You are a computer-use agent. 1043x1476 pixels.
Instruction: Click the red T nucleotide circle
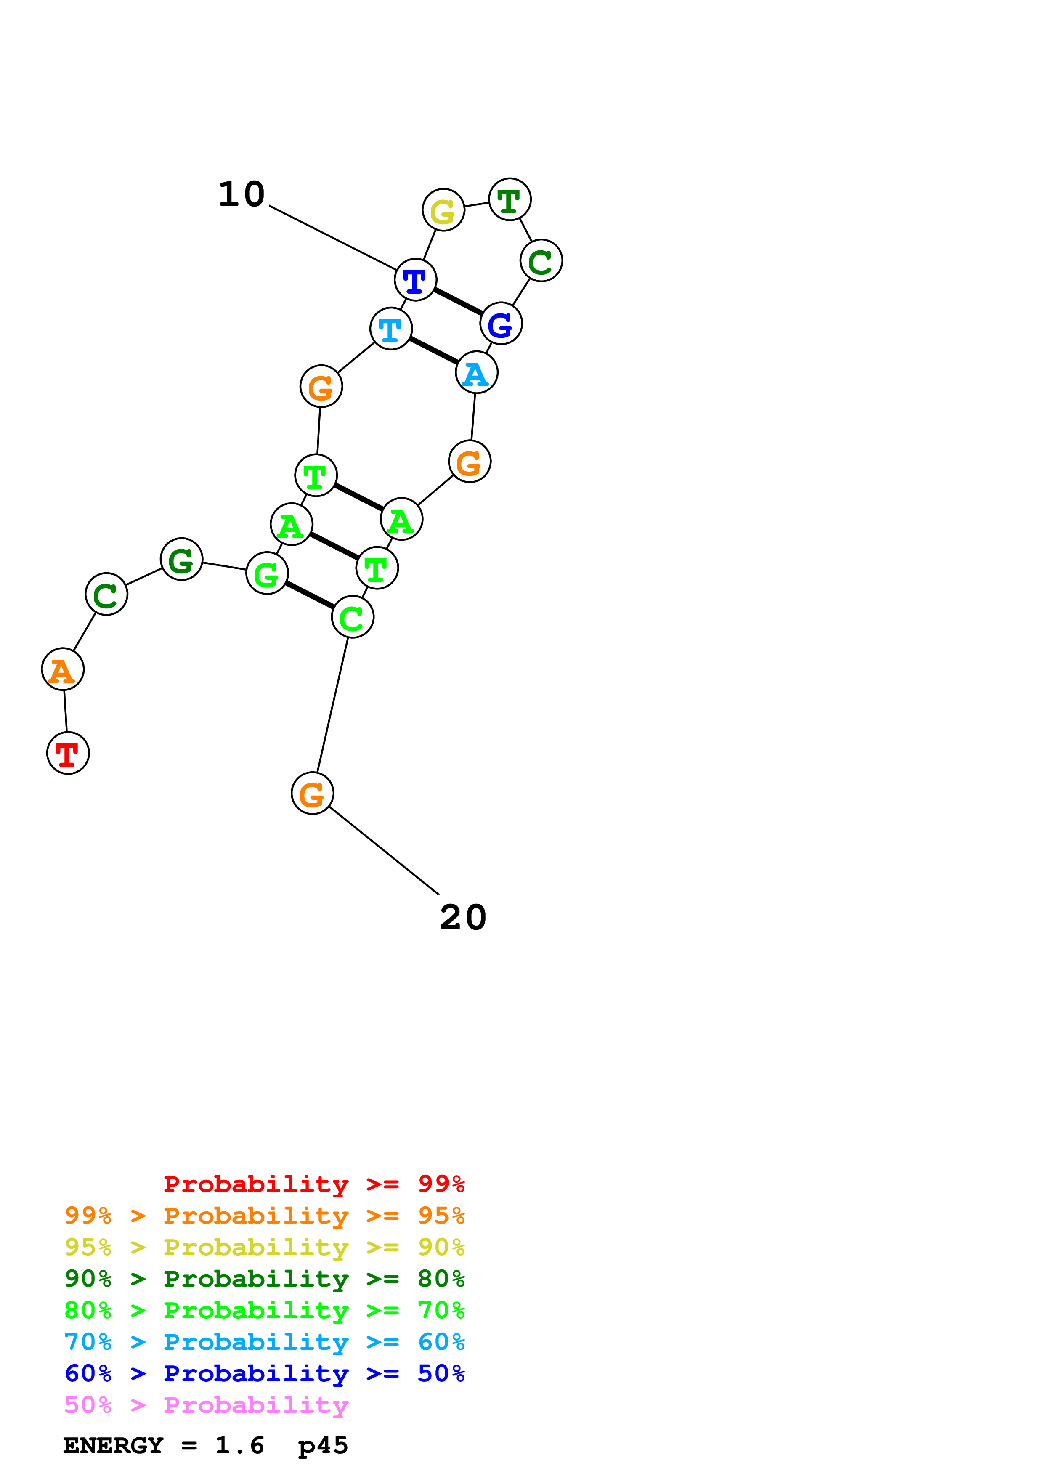(68, 753)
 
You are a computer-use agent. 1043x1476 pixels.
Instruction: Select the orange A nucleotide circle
(62, 669)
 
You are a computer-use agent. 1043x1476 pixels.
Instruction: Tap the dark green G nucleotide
(181, 559)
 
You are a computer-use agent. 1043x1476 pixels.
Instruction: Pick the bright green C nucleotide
(352, 617)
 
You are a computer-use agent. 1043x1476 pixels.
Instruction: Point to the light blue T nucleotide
(391, 329)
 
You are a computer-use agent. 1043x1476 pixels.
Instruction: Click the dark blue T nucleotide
(415, 280)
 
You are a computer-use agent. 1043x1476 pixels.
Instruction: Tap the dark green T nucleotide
(510, 199)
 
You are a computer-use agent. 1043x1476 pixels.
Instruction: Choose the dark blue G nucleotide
(501, 324)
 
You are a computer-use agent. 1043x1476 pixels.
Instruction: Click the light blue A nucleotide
(476, 373)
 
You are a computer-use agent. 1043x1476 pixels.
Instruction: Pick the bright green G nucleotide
(267, 573)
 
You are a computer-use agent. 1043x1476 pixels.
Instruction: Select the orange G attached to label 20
(312, 793)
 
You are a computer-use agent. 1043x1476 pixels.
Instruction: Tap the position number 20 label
(463, 917)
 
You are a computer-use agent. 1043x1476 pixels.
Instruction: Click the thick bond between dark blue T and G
(458, 302)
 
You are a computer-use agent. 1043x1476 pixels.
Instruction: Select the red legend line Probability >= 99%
(313, 1184)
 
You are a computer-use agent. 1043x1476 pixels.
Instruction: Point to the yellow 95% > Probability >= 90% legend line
(264, 1247)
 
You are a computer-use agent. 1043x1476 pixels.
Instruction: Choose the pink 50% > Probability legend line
(206, 1405)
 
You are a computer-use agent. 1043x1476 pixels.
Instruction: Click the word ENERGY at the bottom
(113, 1446)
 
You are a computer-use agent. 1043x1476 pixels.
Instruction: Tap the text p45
(323, 1446)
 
